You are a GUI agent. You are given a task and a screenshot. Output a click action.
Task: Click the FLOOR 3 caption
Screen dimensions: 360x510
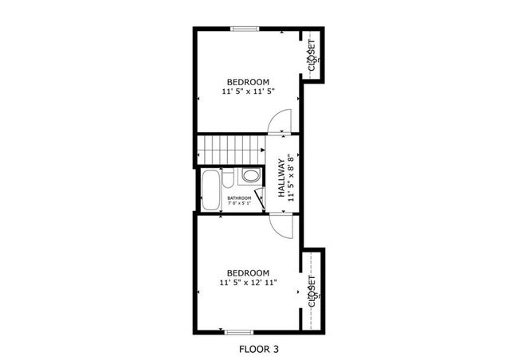(259, 349)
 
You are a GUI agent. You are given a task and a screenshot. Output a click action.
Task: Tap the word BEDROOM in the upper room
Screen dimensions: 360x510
(248, 82)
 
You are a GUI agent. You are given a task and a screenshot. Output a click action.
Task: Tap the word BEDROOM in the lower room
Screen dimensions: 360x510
(248, 272)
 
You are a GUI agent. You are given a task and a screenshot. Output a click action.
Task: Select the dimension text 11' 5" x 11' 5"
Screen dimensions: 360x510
(248, 92)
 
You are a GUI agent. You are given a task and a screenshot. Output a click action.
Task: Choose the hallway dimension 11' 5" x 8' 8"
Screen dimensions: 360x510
(292, 179)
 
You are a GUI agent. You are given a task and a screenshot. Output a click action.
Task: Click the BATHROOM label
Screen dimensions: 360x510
(239, 198)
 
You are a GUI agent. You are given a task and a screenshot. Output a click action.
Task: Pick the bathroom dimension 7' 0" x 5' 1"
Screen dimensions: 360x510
(239, 204)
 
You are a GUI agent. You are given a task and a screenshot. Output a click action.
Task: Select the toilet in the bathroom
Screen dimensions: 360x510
(250, 175)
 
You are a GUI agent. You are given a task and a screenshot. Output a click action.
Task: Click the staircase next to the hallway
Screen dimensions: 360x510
(231, 149)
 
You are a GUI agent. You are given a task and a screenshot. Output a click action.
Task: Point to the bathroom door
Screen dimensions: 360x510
(260, 198)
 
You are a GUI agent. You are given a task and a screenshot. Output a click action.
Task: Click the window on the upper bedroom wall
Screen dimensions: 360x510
(245, 29)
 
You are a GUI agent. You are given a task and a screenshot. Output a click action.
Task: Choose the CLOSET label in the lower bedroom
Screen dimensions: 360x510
(312, 291)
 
